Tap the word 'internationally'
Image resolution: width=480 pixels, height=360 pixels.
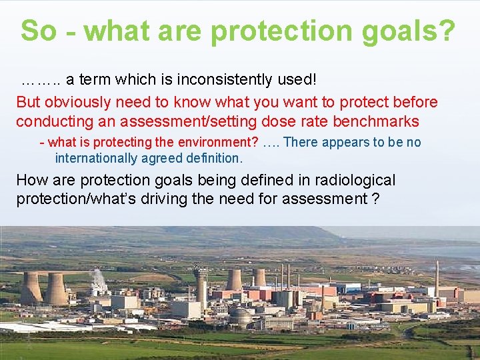click(x=97, y=158)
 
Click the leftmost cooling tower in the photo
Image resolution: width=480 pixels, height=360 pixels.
click(x=31, y=289)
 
